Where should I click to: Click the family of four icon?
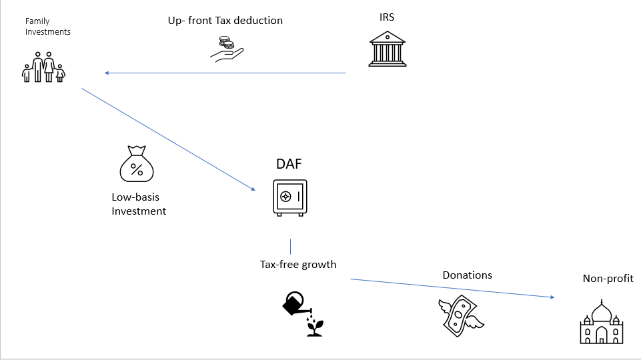(x=43, y=67)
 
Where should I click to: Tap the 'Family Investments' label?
(x=47, y=26)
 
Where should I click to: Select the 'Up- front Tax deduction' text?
(x=225, y=21)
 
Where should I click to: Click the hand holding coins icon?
(x=227, y=49)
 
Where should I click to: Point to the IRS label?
(x=387, y=17)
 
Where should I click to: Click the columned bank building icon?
(x=387, y=49)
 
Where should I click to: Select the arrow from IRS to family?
(x=225, y=73)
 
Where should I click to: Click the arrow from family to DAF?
(x=169, y=139)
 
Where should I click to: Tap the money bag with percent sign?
(x=137, y=164)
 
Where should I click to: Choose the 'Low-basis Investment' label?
(x=139, y=204)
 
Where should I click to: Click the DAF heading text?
(x=289, y=164)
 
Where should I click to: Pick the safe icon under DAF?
(x=290, y=198)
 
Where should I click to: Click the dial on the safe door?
(x=285, y=197)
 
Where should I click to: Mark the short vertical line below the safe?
(x=291, y=247)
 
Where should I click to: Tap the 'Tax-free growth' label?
(x=298, y=265)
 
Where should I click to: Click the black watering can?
(x=296, y=304)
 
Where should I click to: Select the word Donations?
(x=468, y=275)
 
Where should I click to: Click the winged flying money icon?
(x=461, y=316)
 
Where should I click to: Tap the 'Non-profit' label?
(x=608, y=278)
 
